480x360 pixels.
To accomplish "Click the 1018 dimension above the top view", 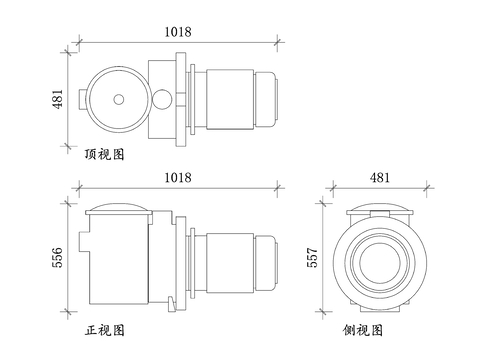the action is pos(178,32).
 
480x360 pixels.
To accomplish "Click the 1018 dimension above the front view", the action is pos(178,177).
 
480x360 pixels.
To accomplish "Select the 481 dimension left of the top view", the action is pos(57,99).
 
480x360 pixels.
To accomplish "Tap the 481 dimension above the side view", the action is pos(380,177).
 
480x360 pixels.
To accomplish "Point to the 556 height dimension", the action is pos(57,257).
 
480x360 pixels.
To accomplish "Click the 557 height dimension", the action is pos(312,257).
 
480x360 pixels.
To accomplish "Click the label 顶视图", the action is pos(104,154).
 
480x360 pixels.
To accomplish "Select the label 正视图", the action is pos(104,330).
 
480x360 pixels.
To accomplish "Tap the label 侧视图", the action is pos(363,330).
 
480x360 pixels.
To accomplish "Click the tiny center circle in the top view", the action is pos(119,99).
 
